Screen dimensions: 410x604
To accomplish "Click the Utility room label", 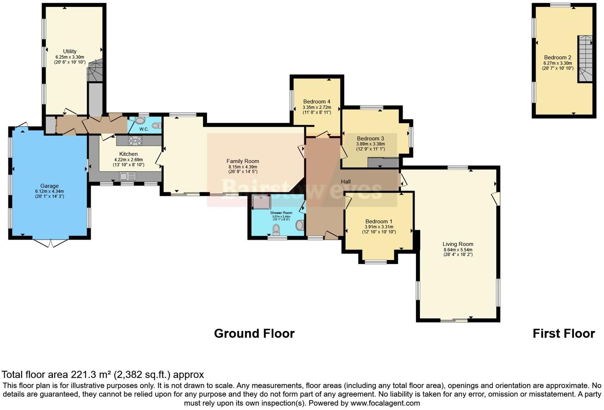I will click(x=70, y=51).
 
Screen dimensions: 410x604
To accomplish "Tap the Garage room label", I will click(x=49, y=186).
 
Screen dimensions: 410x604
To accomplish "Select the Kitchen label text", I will click(x=128, y=154).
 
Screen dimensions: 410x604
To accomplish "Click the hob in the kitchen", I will click(x=135, y=141).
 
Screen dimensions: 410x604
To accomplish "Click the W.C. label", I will click(x=144, y=129).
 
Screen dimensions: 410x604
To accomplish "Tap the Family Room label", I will click(x=242, y=161).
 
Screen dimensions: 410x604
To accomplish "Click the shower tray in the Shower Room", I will click(x=261, y=202).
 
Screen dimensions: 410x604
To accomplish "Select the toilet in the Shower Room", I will click(x=276, y=229).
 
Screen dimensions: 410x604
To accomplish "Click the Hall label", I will click(x=346, y=182).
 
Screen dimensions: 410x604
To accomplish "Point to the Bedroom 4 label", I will click(x=316, y=101).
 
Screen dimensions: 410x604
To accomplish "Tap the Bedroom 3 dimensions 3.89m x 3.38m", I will click(x=370, y=144).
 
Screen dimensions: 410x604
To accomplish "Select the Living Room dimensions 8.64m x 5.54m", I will click(x=458, y=249).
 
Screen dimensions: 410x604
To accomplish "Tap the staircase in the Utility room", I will click(x=95, y=72).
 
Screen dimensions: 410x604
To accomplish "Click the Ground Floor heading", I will click(x=254, y=333).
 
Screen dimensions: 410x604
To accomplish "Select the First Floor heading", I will click(x=563, y=333).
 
